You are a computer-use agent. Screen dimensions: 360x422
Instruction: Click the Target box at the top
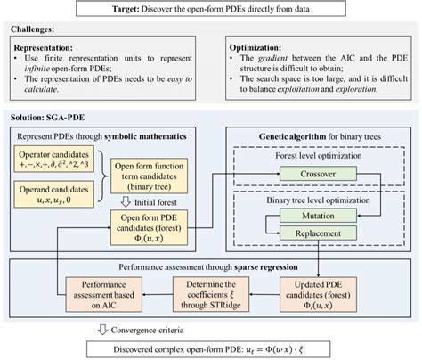(211, 10)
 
